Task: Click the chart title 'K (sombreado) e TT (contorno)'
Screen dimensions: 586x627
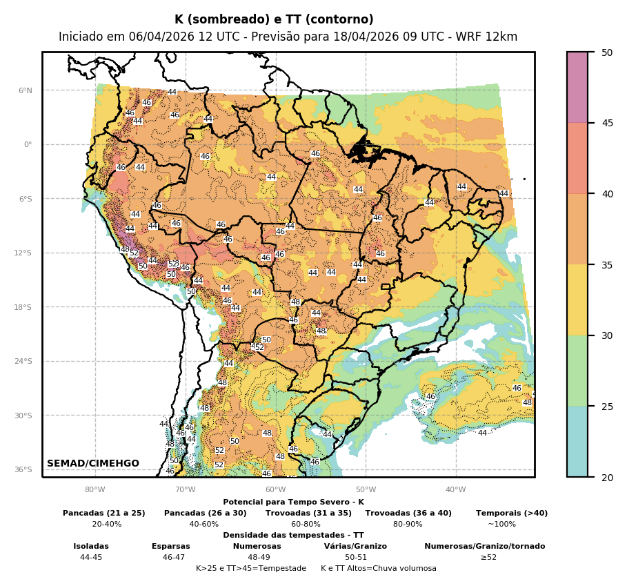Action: click(x=274, y=19)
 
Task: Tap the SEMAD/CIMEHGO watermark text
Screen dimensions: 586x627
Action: click(x=93, y=463)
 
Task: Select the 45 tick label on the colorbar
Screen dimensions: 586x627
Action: click(x=607, y=123)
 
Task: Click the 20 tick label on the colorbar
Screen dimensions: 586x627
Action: click(x=607, y=477)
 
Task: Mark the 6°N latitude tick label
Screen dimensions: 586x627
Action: click(x=25, y=90)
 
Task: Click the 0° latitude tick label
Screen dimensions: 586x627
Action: click(x=27, y=145)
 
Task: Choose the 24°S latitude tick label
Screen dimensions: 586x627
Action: click(x=23, y=361)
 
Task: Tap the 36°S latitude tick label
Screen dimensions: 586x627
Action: click(x=23, y=469)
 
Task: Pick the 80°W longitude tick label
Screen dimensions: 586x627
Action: click(x=94, y=490)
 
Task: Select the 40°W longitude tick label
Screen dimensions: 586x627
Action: click(x=455, y=490)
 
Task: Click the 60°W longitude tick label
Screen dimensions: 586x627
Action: click(x=275, y=490)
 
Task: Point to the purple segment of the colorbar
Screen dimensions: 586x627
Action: click(x=577, y=88)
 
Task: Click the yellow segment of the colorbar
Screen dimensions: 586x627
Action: click(x=577, y=300)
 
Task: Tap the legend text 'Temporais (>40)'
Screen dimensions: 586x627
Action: click(x=512, y=513)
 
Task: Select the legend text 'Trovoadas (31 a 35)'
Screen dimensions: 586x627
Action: click(x=308, y=513)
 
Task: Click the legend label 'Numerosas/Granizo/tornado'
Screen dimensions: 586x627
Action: click(x=484, y=546)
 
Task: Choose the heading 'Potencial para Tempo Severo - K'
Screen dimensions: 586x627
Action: click(x=293, y=502)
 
